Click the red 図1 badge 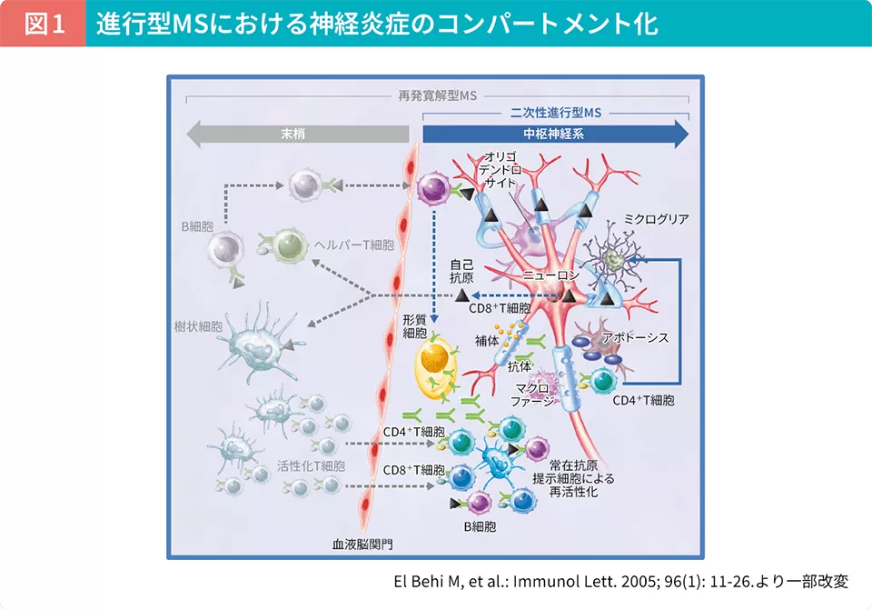pos(44,24)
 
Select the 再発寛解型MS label pos(438,95)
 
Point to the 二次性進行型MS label pos(556,114)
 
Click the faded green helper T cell pos(288,244)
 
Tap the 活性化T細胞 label pos(312,465)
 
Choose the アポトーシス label pos(635,338)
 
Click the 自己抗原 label pos(462,273)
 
